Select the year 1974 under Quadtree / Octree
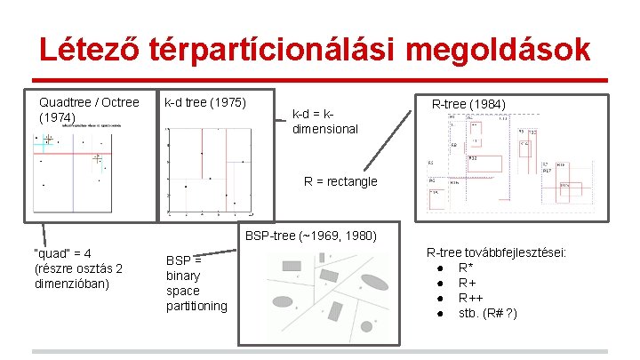click(x=59, y=116)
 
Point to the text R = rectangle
click(x=340, y=181)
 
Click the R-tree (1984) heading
click(x=468, y=105)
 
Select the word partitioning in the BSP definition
click(x=196, y=306)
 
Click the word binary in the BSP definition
click(x=183, y=276)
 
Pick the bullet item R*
click(x=466, y=268)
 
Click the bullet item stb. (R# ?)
click(x=488, y=313)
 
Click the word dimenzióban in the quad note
click(x=71, y=284)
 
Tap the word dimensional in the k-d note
click(x=325, y=129)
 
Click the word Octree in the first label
click(x=120, y=101)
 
